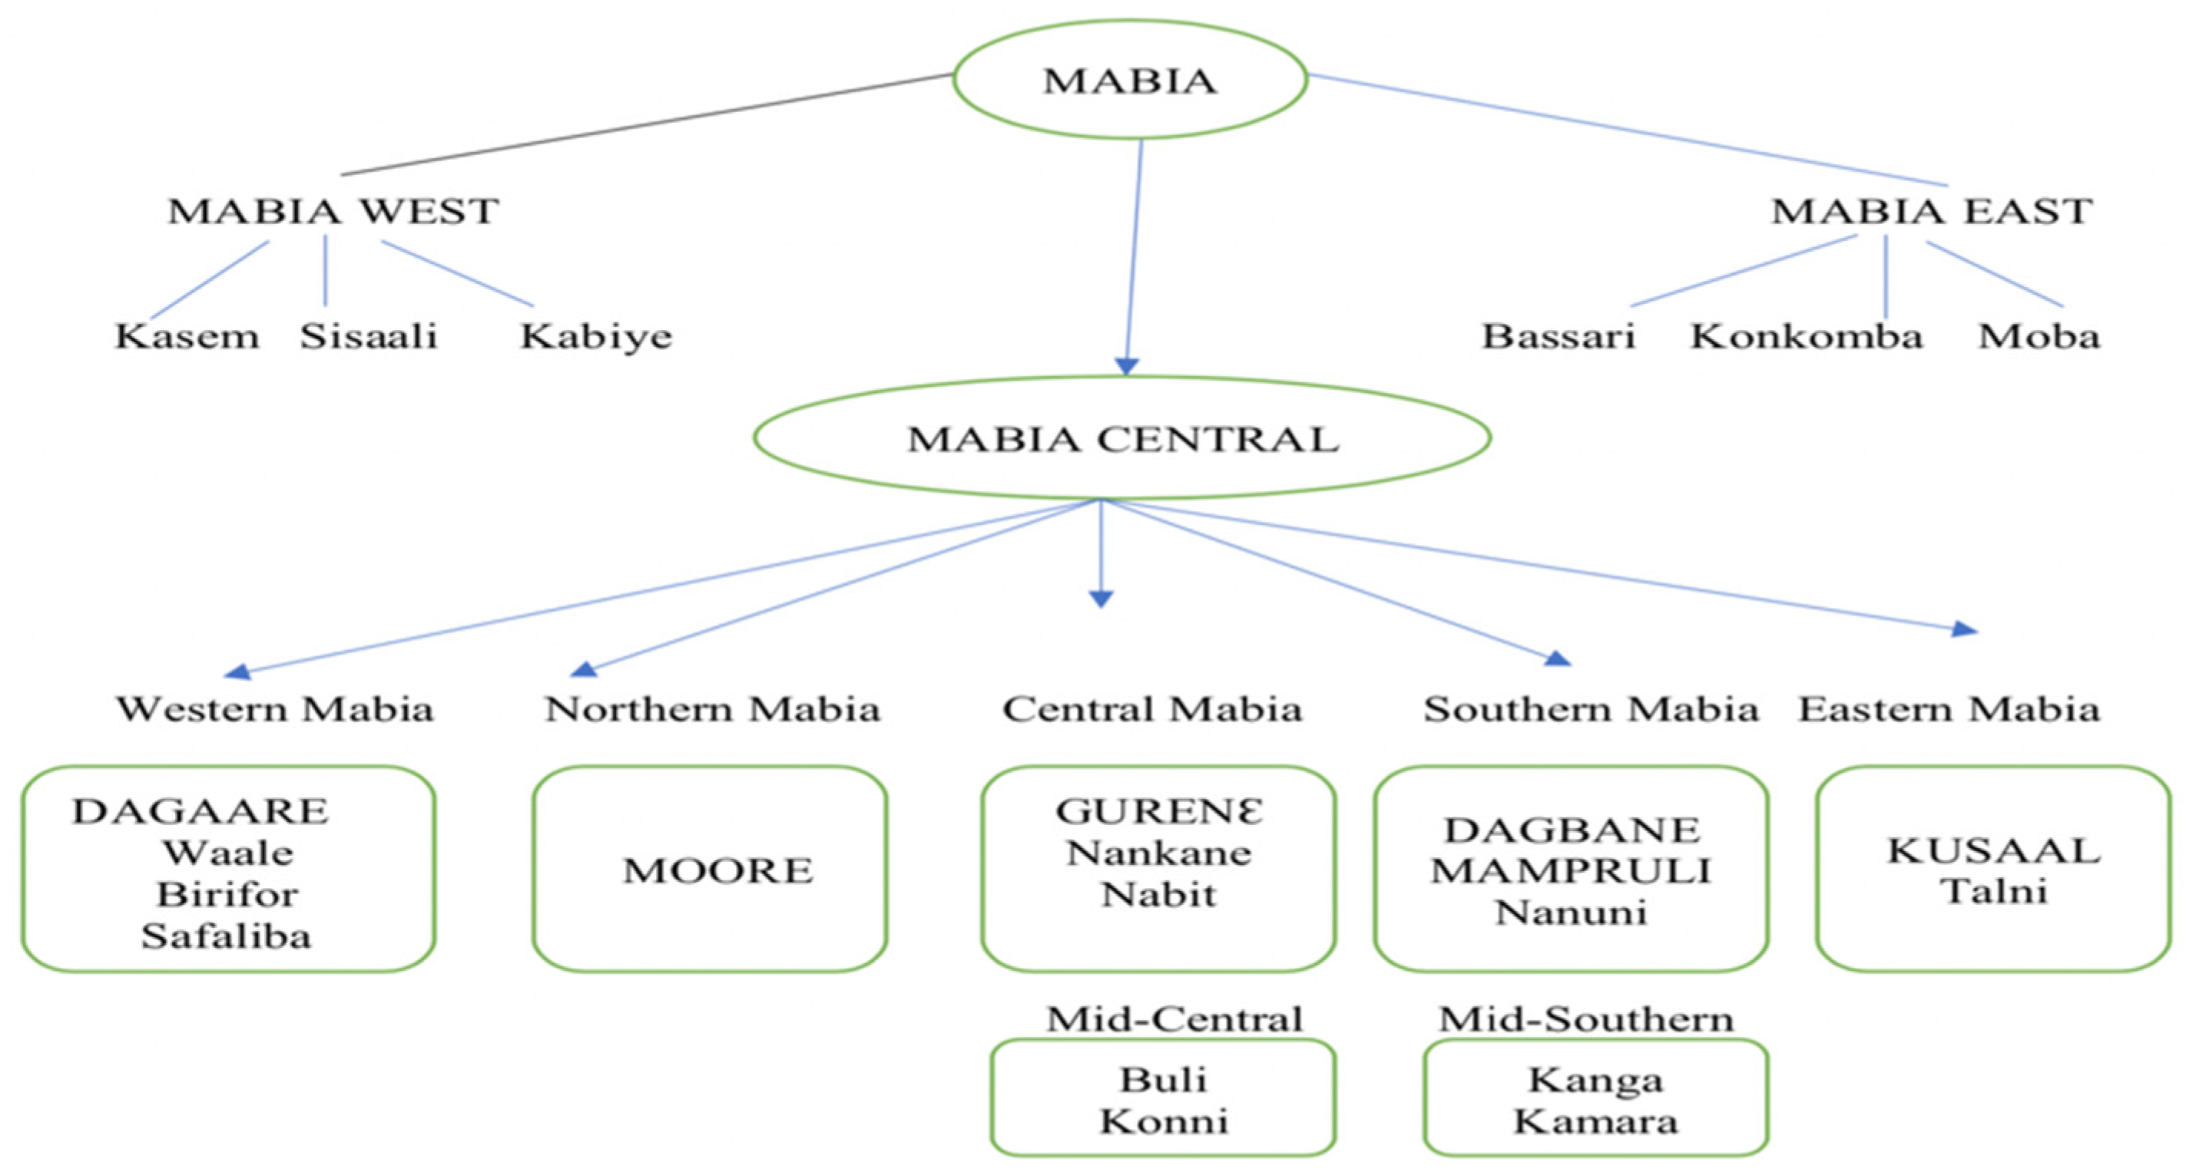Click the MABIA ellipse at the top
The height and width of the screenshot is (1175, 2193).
(x=1130, y=80)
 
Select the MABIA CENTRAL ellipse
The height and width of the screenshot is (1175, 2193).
(x=1122, y=438)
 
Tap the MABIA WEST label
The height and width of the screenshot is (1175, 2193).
(x=333, y=211)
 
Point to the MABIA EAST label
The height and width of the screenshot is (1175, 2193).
(x=1931, y=211)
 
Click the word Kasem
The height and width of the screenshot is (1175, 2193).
(x=187, y=336)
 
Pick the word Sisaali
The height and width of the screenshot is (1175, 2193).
(x=368, y=336)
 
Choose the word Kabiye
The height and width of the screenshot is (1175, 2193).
(x=596, y=336)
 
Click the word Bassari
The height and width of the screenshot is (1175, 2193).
(x=1558, y=336)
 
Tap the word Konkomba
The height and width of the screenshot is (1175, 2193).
(x=1806, y=336)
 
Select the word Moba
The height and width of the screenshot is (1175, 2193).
(x=2038, y=336)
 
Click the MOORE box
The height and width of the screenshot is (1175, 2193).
(x=710, y=869)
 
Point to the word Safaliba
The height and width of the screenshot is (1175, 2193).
(x=227, y=936)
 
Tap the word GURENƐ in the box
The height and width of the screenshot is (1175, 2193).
(x=1158, y=811)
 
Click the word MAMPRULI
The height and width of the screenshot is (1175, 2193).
(x=1571, y=870)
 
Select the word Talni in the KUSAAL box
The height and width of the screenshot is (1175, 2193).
(x=1994, y=891)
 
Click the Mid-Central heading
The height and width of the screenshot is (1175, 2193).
(x=1174, y=1018)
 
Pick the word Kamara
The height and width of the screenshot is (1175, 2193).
(x=1595, y=1121)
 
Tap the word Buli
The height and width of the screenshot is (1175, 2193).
(x=1163, y=1079)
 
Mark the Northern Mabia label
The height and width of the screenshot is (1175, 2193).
(x=712, y=708)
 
